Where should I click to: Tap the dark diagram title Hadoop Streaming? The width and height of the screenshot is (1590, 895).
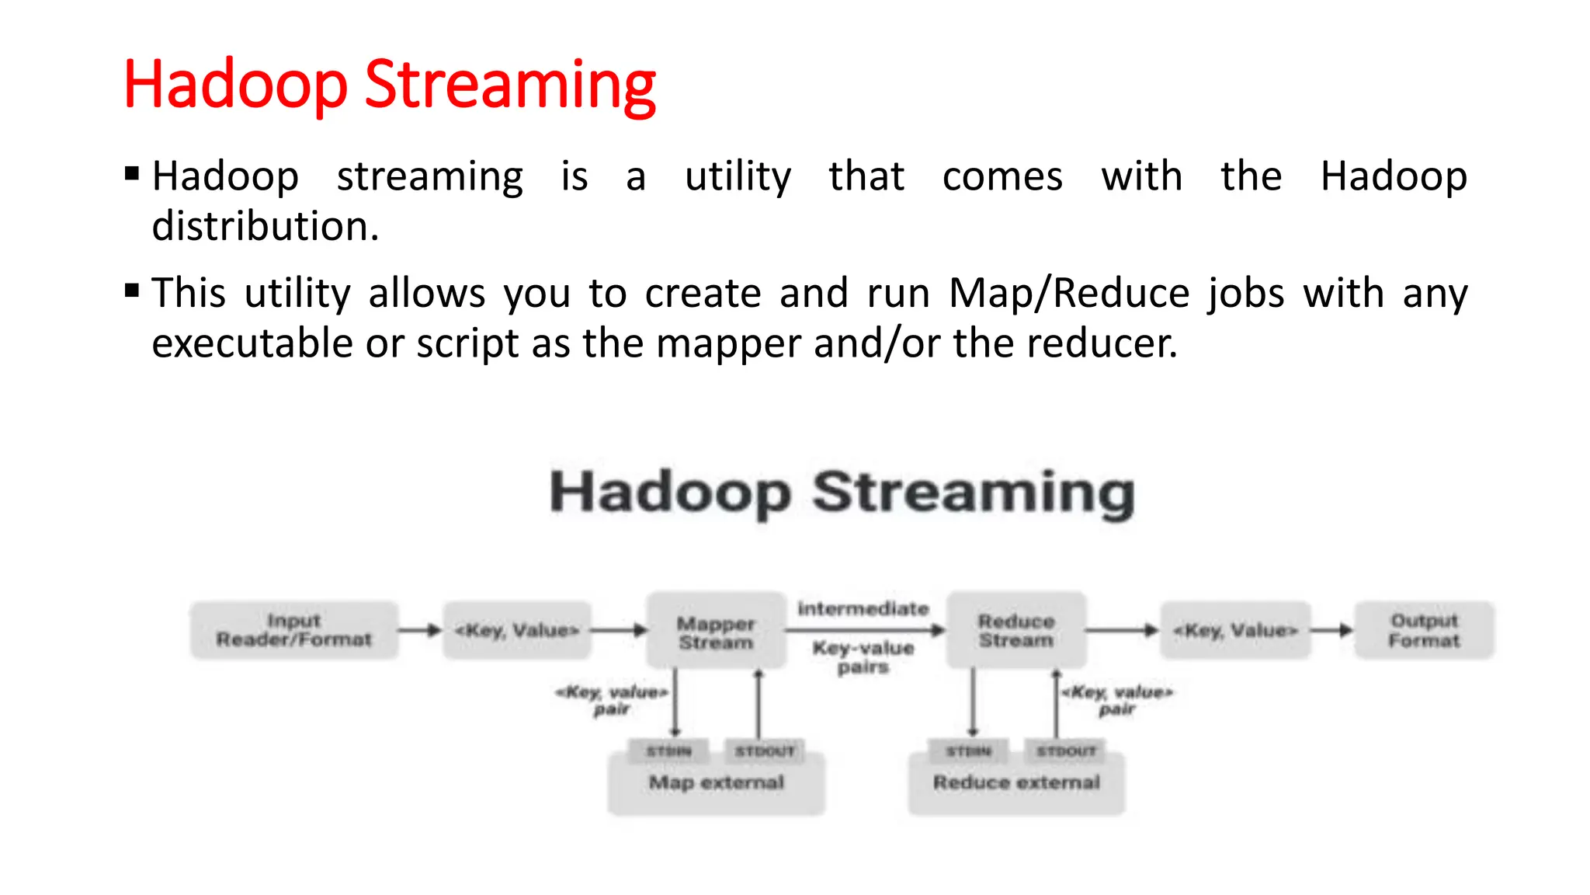[x=842, y=493]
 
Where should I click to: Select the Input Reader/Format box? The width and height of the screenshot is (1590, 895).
[x=294, y=630]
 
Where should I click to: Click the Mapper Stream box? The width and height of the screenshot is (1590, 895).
[x=716, y=632]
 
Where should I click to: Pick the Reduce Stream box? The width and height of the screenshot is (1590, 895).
[x=1016, y=630]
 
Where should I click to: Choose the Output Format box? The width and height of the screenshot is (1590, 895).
[x=1424, y=630]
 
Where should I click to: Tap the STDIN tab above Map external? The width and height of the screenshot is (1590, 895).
[x=668, y=750]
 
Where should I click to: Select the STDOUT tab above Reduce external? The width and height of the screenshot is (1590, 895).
[x=1066, y=750]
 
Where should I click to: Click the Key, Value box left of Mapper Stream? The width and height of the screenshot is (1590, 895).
[x=517, y=630]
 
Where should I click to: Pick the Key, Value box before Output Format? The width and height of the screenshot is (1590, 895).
[x=1235, y=630]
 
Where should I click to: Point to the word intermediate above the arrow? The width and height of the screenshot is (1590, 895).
[x=863, y=608]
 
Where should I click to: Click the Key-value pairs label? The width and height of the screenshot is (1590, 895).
[x=863, y=657]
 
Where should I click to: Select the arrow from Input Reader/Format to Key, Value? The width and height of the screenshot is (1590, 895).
[x=420, y=630]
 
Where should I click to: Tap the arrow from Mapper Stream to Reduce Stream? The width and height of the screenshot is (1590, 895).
[x=863, y=630]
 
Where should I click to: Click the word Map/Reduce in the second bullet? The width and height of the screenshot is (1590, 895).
[x=1069, y=294]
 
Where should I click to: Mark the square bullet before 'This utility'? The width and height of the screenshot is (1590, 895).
[x=132, y=291]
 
